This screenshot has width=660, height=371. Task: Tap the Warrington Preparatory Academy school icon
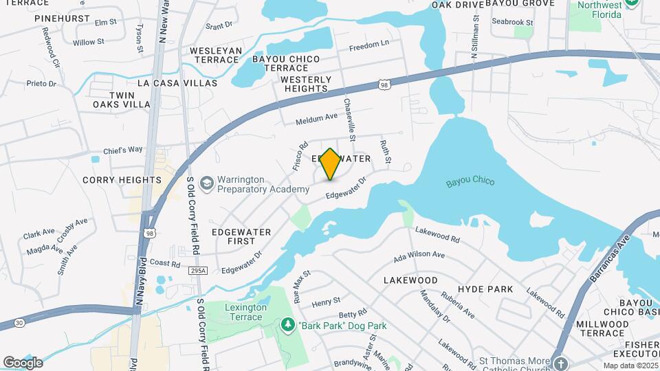click(206, 183)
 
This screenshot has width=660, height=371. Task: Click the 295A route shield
click(196, 271)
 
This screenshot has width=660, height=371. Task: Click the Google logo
click(23, 363)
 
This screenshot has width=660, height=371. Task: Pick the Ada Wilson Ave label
click(419, 255)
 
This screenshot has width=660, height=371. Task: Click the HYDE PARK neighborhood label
click(485, 289)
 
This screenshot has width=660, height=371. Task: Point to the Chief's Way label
click(123, 150)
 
